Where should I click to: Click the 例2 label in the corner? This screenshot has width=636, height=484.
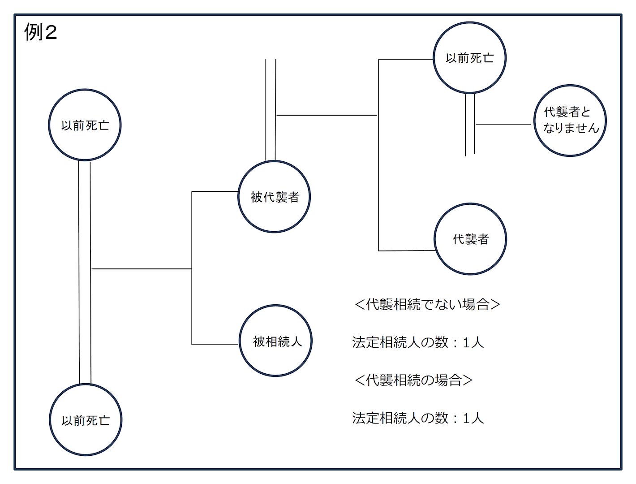click(40, 32)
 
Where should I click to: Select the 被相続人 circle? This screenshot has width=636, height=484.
click(276, 341)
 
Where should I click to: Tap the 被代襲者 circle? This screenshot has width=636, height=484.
click(274, 197)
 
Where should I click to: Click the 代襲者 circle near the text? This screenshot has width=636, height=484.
click(470, 239)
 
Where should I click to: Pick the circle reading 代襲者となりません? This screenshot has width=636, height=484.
click(570, 121)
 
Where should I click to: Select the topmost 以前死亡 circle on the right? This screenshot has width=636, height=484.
click(469, 58)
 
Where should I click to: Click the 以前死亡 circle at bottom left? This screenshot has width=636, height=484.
click(86, 420)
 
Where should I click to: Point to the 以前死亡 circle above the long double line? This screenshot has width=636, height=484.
click(85, 125)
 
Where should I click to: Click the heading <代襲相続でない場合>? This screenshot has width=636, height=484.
click(427, 305)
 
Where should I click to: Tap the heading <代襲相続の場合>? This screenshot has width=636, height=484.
click(413, 380)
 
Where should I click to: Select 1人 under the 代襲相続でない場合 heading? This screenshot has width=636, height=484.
click(473, 343)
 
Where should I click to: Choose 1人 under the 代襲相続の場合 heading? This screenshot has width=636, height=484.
click(473, 418)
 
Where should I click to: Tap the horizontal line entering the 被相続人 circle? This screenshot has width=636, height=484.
click(215, 345)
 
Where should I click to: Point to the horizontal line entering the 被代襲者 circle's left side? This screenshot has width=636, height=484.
click(215, 192)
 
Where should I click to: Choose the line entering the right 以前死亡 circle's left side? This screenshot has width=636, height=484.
click(406, 60)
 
